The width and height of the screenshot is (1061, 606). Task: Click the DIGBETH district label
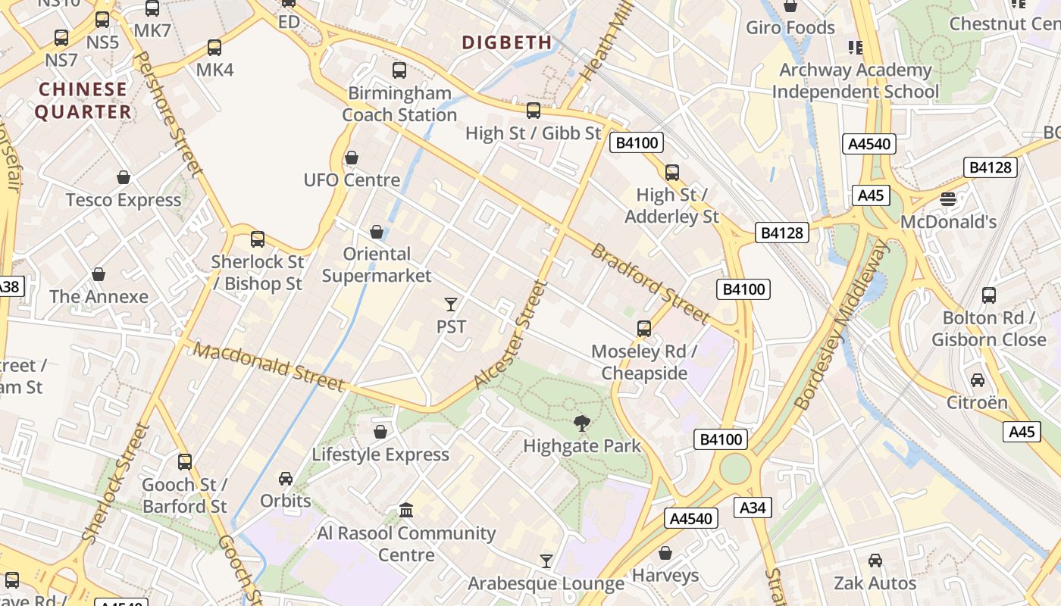pyautogui.click(x=507, y=42)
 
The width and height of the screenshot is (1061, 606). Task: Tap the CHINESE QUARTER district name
pyautogui.click(x=83, y=101)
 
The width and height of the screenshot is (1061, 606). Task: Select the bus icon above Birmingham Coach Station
pyautogui.click(x=399, y=70)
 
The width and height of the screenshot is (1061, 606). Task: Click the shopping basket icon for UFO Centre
pyautogui.click(x=352, y=158)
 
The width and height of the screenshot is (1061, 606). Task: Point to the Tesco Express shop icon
pyautogui.click(x=124, y=177)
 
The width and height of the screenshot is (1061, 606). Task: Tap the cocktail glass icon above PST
pyautogui.click(x=451, y=305)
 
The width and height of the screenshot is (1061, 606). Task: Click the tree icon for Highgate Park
pyautogui.click(x=582, y=423)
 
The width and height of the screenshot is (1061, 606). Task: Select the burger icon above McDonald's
pyautogui.click(x=948, y=199)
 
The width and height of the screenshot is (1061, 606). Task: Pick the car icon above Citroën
pyautogui.click(x=978, y=380)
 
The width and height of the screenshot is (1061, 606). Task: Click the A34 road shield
pyautogui.click(x=753, y=508)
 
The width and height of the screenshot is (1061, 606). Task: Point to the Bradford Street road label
pyautogui.click(x=649, y=283)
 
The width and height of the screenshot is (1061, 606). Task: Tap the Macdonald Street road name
pyautogui.click(x=268, y=367)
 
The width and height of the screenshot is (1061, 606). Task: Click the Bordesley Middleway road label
pyautogui.click(x=842, y=326)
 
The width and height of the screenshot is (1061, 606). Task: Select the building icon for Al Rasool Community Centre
pyautogui.click(x=406, y=510)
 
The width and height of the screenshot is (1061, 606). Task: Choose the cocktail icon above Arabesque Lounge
pyautogui.click(x=546, y=561)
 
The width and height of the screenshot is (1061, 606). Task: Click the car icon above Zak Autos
pyautogui.click(x=875, y=561)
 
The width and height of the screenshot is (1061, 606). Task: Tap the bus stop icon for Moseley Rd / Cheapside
pyautogui.click(x=644, y=329)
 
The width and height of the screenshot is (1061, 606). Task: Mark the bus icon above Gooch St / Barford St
pyautogui.click(x=185, y=461)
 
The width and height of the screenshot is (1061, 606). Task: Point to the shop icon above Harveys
pyautogui.click(x=665, y=553)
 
